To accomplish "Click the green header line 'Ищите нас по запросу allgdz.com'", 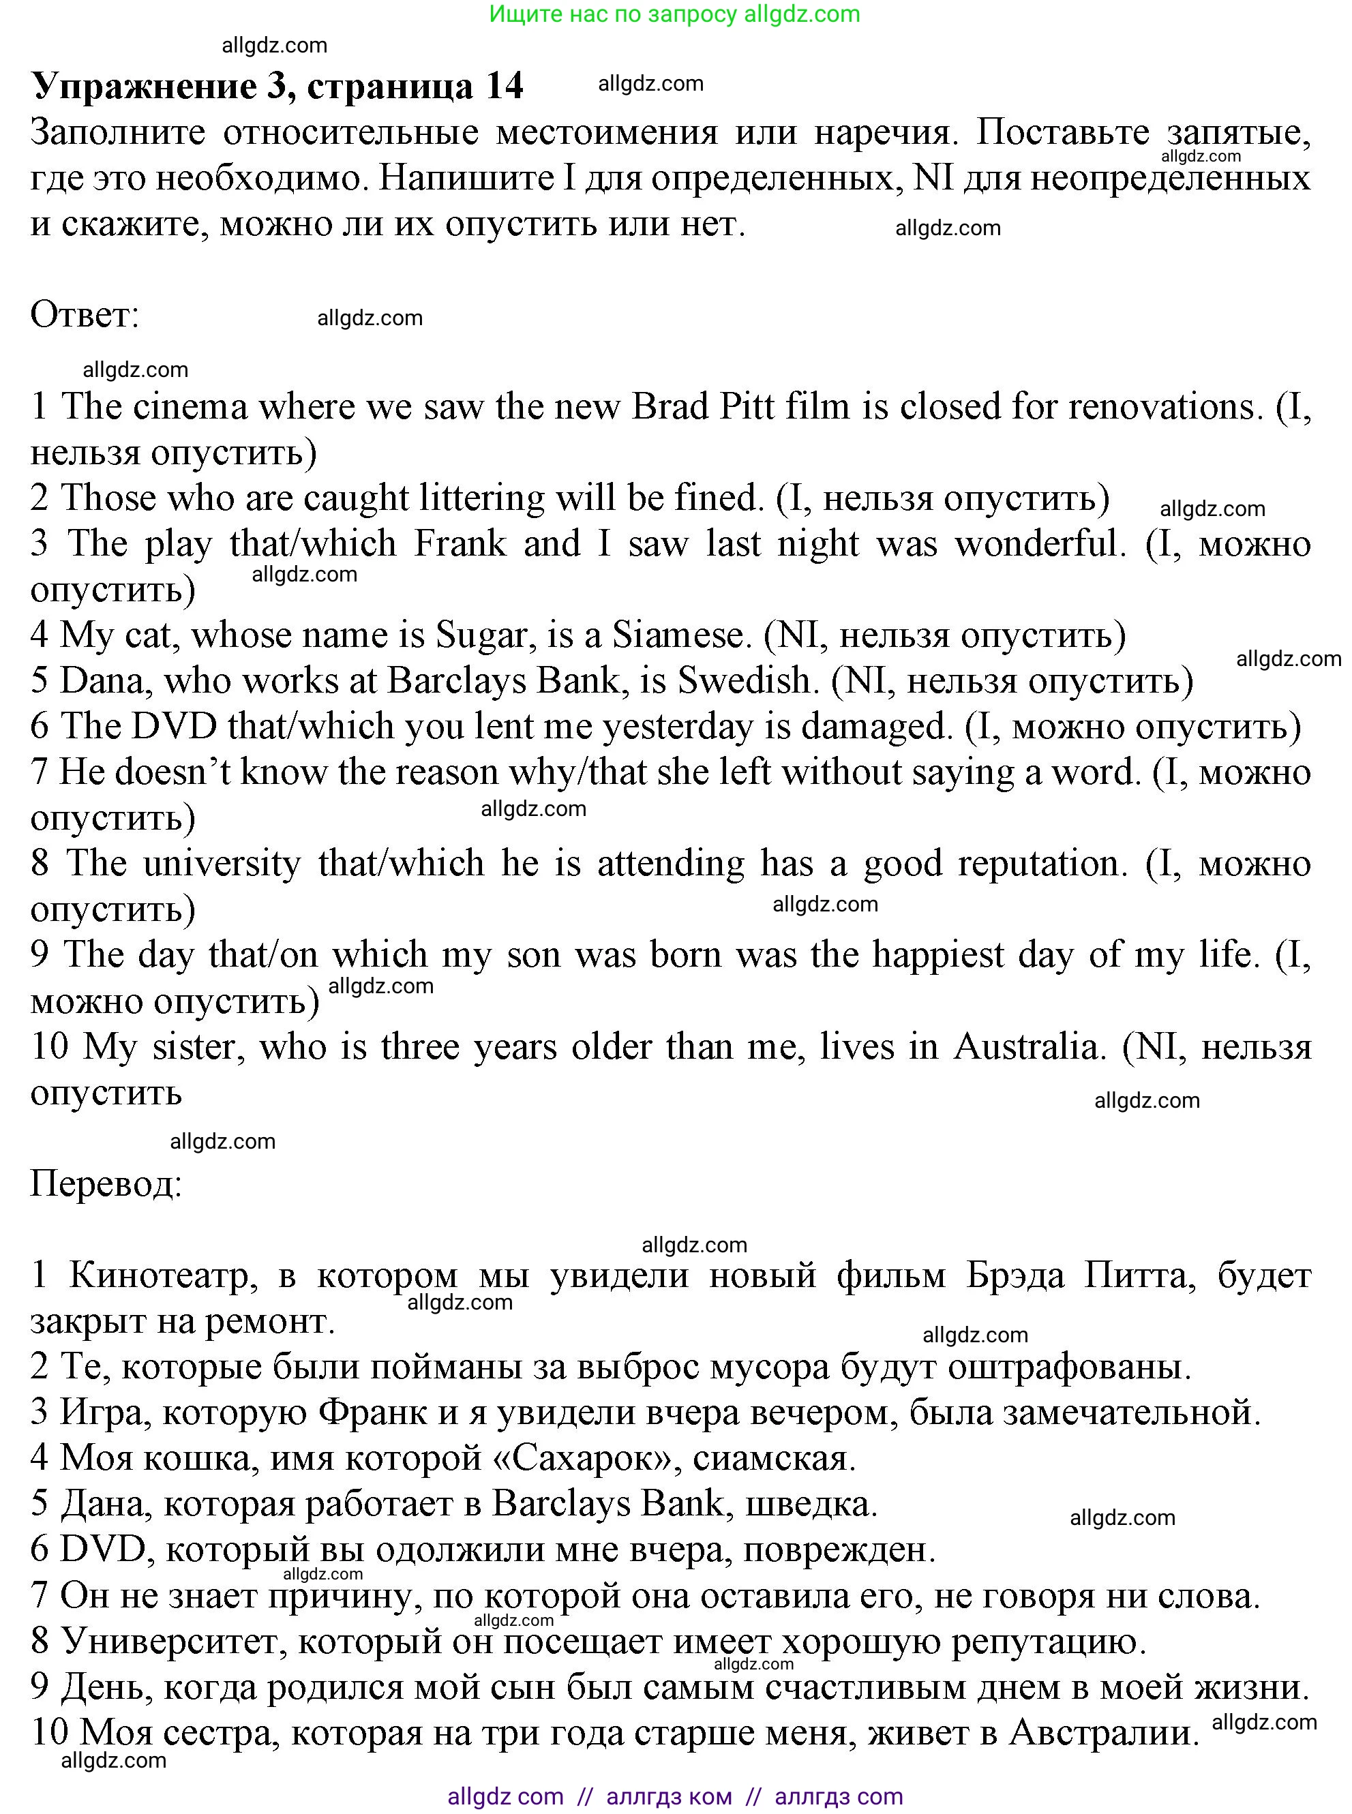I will pos(674,14).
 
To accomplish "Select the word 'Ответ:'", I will pos(85,315).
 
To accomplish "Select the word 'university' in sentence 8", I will pos(222,864).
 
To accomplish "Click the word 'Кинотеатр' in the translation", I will pos(159,1275).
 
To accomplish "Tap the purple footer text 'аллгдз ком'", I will pos(669,1796).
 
